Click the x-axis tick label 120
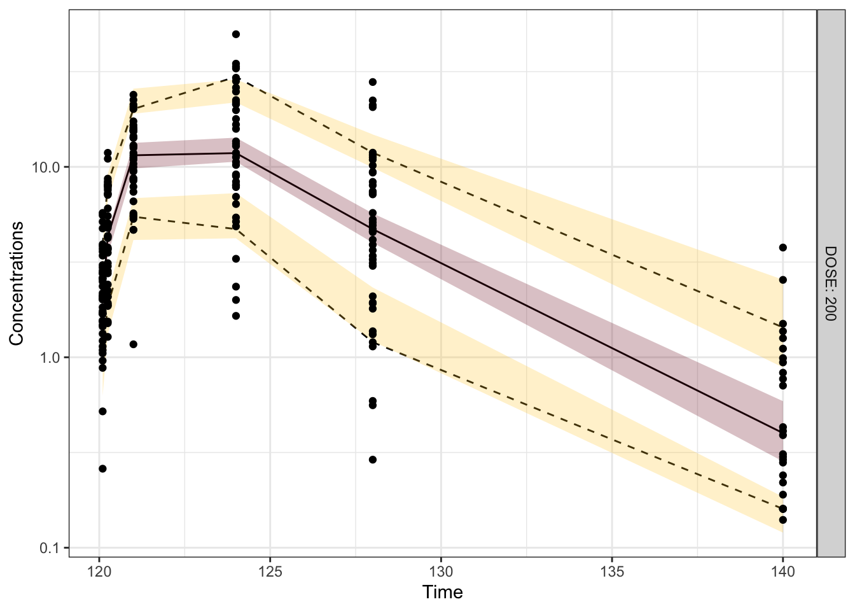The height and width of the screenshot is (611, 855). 99,572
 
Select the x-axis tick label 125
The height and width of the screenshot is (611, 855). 270,572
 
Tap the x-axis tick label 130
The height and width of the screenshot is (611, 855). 441,572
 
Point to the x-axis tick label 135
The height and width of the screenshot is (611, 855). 613,572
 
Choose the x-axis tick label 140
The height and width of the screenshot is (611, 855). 783,572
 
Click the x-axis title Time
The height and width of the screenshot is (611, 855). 442,593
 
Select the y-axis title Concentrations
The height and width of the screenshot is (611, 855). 17,283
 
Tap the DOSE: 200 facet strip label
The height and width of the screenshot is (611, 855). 830,283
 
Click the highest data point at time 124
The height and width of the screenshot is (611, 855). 236,34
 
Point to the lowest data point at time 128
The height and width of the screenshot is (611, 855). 373,460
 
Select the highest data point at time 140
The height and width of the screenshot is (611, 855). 783,248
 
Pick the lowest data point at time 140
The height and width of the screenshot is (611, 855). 783,520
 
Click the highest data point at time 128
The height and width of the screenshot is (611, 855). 373,82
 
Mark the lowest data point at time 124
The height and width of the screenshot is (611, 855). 236,316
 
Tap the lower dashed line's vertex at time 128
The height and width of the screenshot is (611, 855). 373,344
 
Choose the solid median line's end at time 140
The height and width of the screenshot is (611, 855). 783,432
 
